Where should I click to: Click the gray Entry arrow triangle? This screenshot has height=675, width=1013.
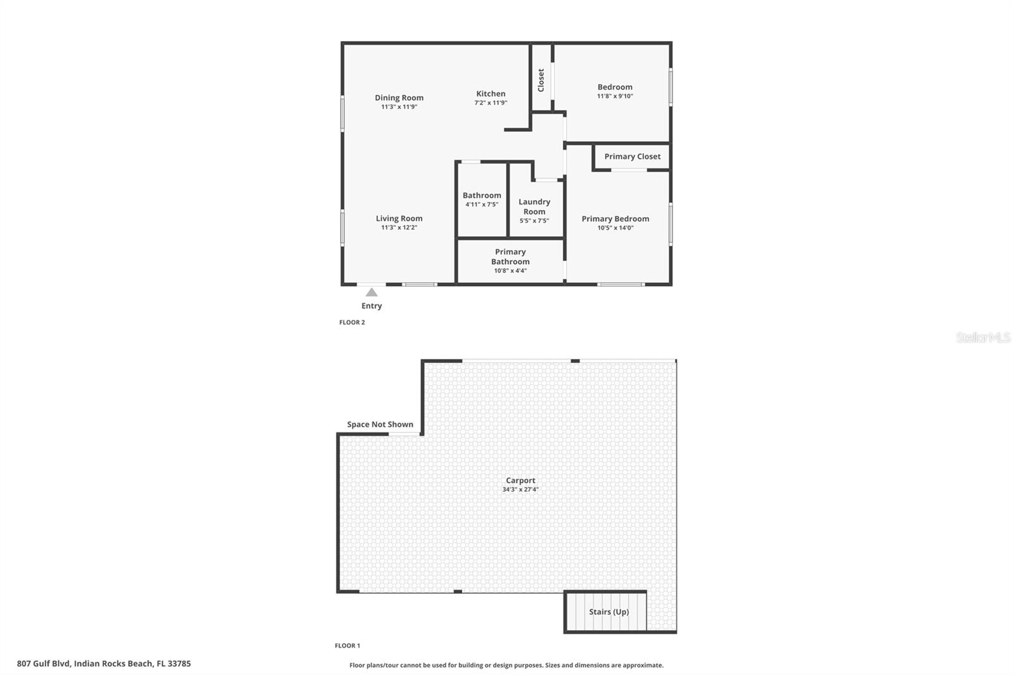click(372, 293)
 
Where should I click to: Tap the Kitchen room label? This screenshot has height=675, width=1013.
click(491, 94)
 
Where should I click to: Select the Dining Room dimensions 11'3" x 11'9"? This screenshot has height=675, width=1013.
click(399, 107)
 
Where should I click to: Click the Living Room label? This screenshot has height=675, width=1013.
click(399, 218)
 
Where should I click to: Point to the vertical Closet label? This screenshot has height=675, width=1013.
click(541, 80)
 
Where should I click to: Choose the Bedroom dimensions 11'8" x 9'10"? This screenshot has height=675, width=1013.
click(615, 96)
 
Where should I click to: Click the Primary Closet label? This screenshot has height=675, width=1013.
click(632, 156)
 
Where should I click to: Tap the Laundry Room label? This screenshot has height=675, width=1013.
click(534, 206)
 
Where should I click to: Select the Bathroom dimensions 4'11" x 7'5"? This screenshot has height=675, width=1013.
click(482, 205)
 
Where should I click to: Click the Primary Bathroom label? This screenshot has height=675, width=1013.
click(510, 256)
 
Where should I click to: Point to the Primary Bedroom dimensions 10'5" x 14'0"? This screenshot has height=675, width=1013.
click(615, 228)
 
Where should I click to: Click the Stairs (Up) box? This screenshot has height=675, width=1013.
click(606, 612)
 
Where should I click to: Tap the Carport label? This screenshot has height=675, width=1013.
click(520, 481)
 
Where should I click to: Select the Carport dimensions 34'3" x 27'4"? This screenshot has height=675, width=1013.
click(520, 489)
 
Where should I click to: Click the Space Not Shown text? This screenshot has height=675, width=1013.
click(380, 424)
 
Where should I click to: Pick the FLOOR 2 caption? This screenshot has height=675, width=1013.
click(352, 322)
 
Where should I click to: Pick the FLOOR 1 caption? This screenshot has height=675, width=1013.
click(348, 646)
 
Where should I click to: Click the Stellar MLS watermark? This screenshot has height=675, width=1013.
click(983, 337)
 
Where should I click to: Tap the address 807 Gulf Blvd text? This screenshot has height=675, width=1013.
click(104, 664)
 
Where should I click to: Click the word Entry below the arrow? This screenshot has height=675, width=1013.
click(372, 306)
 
